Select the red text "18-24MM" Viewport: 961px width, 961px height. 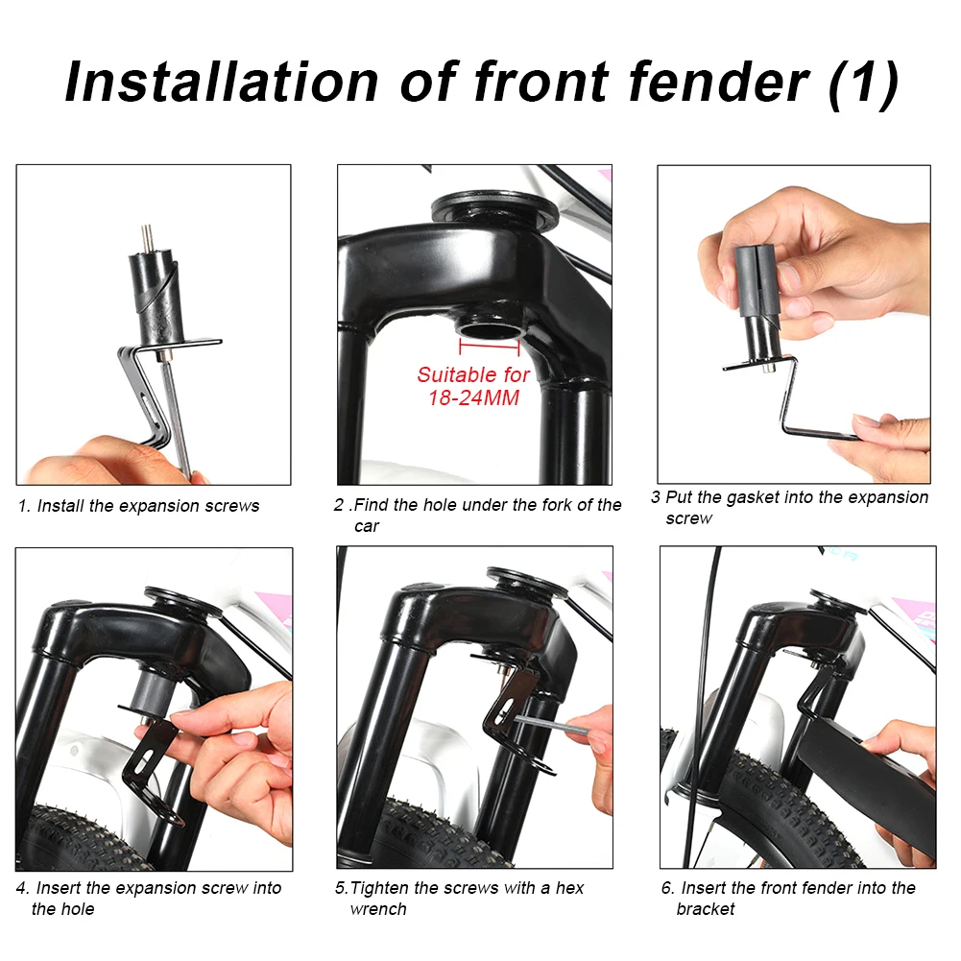[473, 397]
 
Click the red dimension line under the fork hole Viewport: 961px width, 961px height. [489, 347]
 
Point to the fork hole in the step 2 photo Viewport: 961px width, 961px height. [490, 329]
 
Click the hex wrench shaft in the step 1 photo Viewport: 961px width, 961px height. [176, 417]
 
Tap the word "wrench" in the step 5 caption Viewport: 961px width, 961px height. [378, 909]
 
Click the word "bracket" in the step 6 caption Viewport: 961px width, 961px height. [706, 908]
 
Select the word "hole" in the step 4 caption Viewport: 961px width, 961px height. [77, 908]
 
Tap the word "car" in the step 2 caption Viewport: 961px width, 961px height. [367, 526]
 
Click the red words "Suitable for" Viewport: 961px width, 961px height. [473, 374]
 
